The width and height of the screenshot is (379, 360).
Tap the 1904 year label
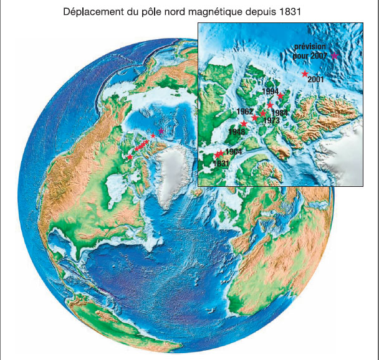(233, 152)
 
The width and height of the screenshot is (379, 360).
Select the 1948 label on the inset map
(237, 132)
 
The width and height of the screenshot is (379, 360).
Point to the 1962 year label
(246, 111)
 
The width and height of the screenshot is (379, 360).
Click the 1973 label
(272, 120)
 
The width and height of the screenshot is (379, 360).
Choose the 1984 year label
(280, 113)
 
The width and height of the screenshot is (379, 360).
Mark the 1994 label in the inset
(271, 92)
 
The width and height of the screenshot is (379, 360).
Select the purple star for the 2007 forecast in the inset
(334, 55)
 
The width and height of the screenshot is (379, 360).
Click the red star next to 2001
(305, 73)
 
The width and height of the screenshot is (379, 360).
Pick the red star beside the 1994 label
(281, 96)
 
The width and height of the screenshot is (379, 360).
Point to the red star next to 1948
(244, 124)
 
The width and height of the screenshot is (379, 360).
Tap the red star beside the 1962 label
(255, 117)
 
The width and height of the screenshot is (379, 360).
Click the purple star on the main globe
(161, 131)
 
